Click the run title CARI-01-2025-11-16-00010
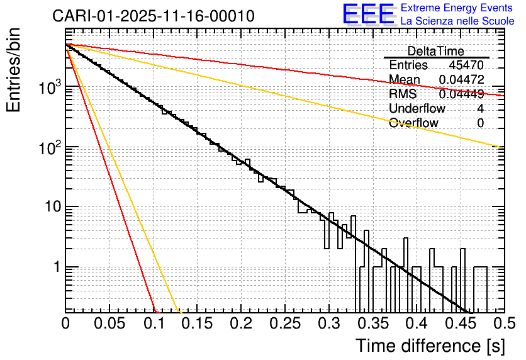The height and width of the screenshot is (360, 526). (154, 16)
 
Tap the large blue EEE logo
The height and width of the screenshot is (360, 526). (368, 14)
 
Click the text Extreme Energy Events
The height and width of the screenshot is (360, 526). (457, 8)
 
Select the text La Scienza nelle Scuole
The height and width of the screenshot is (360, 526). (457, 21)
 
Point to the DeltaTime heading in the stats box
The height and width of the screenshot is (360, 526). (436, 51)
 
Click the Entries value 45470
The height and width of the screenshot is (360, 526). (466, 65)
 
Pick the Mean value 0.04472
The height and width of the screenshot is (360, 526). (461, 79)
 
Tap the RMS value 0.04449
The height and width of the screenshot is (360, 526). (461, 94)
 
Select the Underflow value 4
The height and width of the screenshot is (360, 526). (480, 108)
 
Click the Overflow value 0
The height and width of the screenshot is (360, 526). (480, 123)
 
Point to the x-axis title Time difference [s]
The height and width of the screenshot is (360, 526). (429, 346)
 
